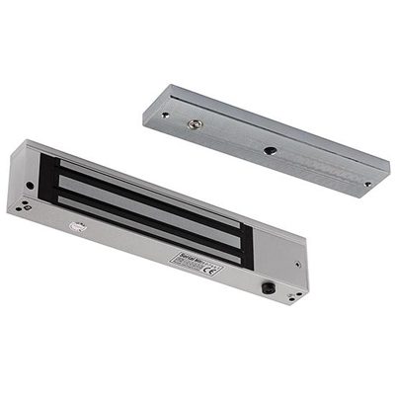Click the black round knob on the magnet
[267, 288]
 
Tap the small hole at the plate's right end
[366, 183]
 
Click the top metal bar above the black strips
[148, 174]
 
